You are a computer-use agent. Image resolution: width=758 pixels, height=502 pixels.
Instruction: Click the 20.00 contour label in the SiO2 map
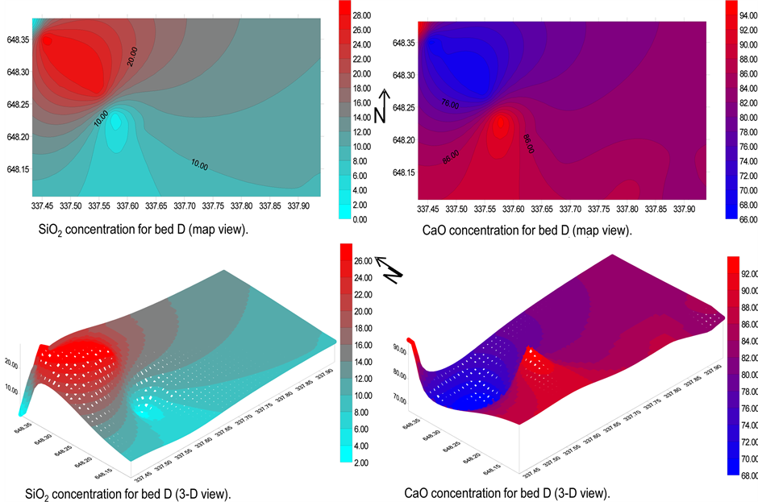click(x=132, y=55)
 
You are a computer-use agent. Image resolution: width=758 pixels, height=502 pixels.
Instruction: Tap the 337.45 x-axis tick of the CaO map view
click(x=429, y=209)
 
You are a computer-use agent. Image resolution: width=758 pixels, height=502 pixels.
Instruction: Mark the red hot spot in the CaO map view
click(x=501, y=123)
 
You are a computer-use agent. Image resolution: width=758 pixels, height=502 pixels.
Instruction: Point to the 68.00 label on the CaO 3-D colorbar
click(x=742, y=474)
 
